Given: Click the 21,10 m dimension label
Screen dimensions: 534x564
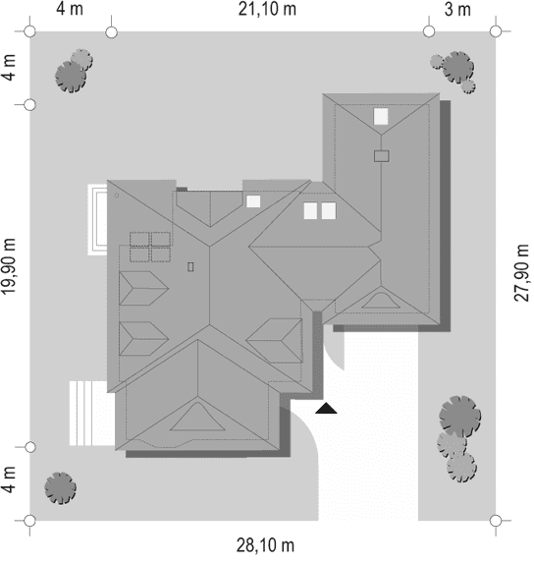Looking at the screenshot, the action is (267, 9).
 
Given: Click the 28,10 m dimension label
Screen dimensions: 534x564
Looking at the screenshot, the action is (265, 545).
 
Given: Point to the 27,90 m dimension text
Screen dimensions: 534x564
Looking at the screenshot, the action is (522, 272).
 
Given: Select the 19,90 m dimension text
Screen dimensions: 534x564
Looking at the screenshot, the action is (9, 266).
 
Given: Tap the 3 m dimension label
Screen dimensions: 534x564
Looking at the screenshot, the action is (457, 9).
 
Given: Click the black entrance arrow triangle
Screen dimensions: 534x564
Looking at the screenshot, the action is (326, 408).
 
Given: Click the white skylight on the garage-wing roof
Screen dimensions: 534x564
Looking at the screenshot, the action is (381, 117).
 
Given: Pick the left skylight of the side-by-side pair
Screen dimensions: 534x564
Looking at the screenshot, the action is (310, 211).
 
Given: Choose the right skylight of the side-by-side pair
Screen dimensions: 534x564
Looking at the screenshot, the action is (329, 211).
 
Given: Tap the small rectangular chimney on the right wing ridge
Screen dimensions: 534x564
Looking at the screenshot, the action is (381, 156).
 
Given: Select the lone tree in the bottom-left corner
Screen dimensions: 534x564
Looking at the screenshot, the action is (61, 488).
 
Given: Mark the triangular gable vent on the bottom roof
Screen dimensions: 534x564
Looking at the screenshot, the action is (197, 417).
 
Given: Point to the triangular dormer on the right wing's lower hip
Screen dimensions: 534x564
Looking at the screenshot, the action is (381, 301).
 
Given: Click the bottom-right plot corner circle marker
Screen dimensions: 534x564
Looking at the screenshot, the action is (496, 521).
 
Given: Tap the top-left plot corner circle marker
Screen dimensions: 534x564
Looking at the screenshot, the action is (29, 31).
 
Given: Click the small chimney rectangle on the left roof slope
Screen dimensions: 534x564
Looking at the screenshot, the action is (190, 267).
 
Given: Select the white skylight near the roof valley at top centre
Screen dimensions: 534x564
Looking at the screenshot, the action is (253, 201).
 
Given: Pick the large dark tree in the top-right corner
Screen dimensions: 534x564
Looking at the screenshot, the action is (457, 67).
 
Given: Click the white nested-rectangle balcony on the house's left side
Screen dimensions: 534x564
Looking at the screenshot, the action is (97, 219).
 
